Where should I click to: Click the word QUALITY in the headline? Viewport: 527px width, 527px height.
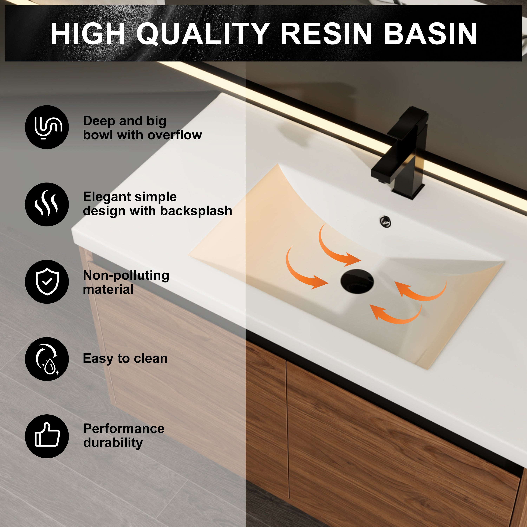click(x=203, y=34)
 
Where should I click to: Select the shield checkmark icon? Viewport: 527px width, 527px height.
click(x=47, y=281)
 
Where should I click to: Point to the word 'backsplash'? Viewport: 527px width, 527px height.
click(x=196, y=211)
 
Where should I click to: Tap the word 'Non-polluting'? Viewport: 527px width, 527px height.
click(x=126, y=275)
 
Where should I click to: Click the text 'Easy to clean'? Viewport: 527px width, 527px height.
click(x=125, y=358)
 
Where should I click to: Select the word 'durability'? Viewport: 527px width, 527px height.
click(x=113, y=443)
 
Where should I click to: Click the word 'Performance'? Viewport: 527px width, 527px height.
click(x=124, y=428)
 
